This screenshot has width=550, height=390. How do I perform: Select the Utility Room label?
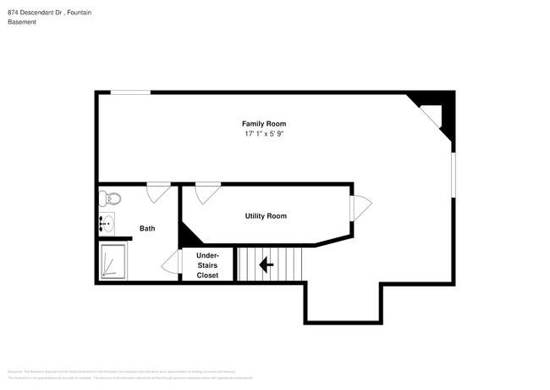tap(266, 216)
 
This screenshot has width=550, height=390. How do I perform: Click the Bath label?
tap(147, 228)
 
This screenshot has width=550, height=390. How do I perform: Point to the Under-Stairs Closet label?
tap(207, 265)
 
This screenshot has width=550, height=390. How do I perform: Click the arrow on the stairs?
tap(266, 265)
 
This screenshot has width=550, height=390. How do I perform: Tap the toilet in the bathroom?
tap(108, 199)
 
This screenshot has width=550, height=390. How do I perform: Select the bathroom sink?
tap(106, 225)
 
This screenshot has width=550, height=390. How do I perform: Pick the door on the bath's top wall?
tap(157, 192)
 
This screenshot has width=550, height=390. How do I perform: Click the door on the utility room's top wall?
tap(206, 193)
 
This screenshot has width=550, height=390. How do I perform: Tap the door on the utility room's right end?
tap(360, 209)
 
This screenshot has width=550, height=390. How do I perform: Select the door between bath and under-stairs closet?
tap(173, 264)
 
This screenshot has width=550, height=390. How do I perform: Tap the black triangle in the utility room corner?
tap(188, 234)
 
